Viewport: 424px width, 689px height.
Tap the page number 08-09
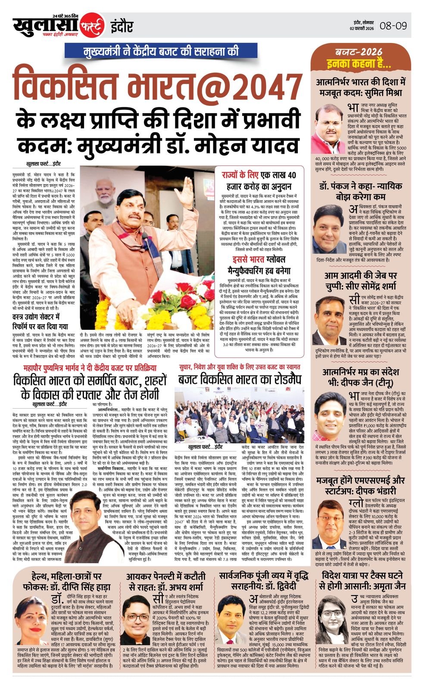[393, 26]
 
